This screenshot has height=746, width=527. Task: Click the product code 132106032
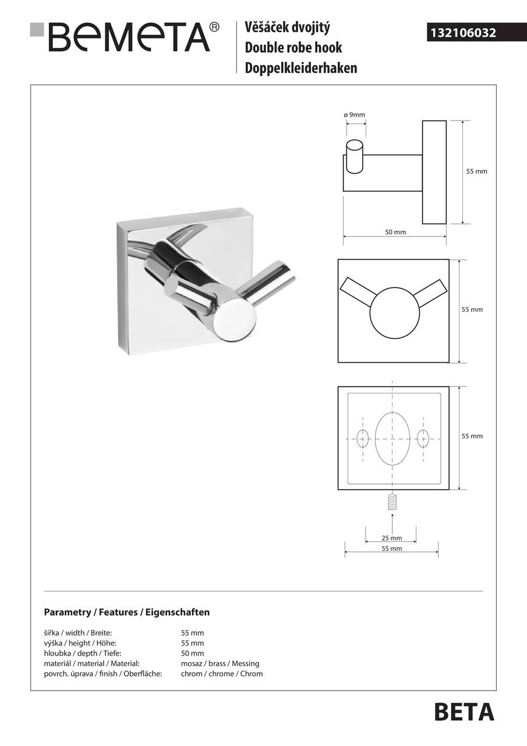[x=463, y=33]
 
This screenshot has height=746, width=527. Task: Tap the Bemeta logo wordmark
[x=129, y=37]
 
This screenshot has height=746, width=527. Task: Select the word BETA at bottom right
[x=464, y=712]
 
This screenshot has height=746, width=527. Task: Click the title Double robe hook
[x=293, y=48]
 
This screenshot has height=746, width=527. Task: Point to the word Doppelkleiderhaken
[x=301, y=68]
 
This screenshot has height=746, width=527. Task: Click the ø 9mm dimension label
[x=354, y=115]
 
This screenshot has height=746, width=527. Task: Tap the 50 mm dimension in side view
[x=395, y=232]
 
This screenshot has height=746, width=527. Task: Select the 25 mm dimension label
[x=391, y=538]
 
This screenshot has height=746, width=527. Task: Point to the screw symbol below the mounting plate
[x=392, y=502]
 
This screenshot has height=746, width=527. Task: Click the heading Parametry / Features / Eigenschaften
[x=127, y=613]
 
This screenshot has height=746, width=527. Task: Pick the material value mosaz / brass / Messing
[x=220, y=663]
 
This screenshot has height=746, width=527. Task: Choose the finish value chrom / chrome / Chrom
[x=222, y=674]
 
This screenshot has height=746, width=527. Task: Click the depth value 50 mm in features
[x=193, y=653]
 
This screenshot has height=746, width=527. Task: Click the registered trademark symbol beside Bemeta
[x=214, y=27]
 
